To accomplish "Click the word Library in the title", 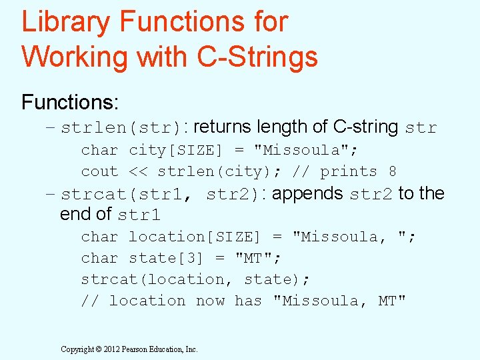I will tap(66, 22).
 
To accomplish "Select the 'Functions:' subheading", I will tap(70, 102).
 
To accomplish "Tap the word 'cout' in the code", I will tap(99, 172).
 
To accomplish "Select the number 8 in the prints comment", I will tap(393, 172).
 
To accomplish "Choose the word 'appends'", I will tap(307, 194).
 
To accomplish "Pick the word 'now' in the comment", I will tap(210, 301).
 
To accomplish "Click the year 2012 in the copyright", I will tap(111, 349).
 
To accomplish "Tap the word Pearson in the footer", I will tap(136, 349).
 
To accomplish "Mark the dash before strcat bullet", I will tap(50, 195).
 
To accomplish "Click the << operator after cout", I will tap(138, 172).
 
